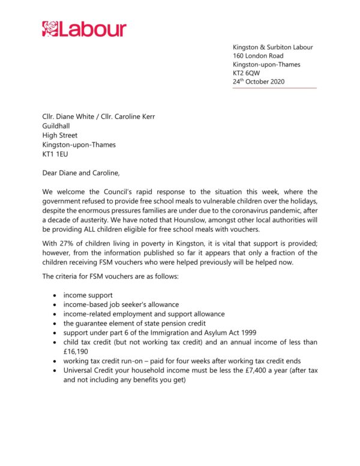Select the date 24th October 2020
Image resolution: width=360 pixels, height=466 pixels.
(259, 82)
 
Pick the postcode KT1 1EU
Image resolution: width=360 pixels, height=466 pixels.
(55, 154)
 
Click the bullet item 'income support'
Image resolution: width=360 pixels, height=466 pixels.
(89, 295)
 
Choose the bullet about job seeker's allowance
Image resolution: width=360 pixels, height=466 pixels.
(121, 304)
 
